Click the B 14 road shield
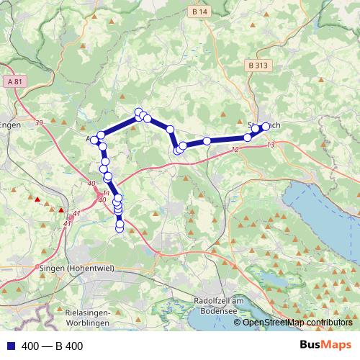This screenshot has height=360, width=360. click(x=200, y=12)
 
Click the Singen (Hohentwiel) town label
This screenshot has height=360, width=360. click(x=69, y=268)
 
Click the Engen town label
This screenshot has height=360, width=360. click(x=10, y=125)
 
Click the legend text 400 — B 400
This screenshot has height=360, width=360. click(x=53, y=346)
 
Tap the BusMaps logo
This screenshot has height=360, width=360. click(x=325, y=346)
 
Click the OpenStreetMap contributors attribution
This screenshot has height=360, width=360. click(x=297, y=323)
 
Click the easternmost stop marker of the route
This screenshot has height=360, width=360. click(x=266, y=126)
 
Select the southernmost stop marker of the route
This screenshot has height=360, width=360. click(x=120, y=229)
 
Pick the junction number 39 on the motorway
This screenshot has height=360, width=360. click(x=38, y=124)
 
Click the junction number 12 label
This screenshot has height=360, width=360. click(x=234, y=150)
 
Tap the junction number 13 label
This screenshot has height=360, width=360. click(x=270, y=145)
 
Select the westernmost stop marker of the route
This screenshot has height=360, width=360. click(x=94, y=140)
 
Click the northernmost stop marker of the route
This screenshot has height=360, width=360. click(x=138, y=112)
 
